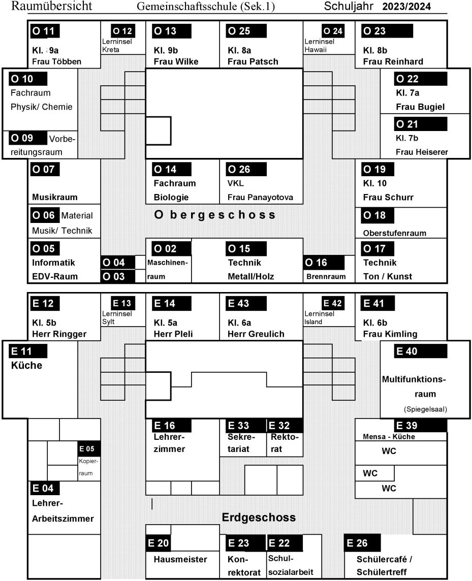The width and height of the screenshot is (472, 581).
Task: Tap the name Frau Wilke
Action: [x=176, y=61]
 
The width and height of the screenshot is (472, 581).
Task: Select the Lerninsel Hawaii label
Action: [x=319, y=46]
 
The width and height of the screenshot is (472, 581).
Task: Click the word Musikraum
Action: [x=55, y=197]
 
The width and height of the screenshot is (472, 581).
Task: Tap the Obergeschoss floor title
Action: [x=215, y=215]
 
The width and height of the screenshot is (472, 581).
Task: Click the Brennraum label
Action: [x=326, y=276]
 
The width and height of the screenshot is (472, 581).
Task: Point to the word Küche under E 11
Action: [x=27, y=365]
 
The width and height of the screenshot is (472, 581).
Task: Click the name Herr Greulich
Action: [x=256, y=334]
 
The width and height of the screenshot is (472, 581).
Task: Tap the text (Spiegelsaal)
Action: [x=425, y=409]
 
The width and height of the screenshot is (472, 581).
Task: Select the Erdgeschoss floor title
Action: [x=259, y=518]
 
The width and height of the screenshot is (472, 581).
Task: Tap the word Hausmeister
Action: [x=180, y=559]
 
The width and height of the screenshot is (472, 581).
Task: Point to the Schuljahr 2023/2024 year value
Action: [x=406, y=6]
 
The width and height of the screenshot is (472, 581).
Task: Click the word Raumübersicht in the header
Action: [x=52, y=6]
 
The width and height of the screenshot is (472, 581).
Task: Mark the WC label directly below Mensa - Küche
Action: [x=389, y=451]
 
